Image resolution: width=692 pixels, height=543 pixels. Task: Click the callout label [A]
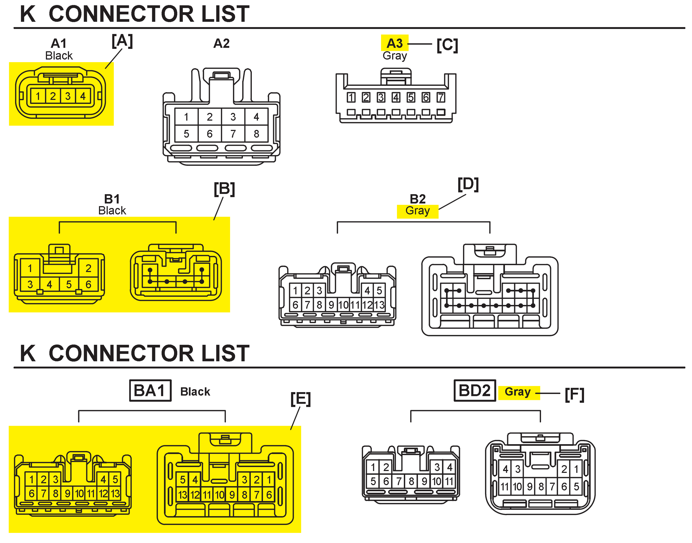122,41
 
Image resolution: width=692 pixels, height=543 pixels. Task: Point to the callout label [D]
468,184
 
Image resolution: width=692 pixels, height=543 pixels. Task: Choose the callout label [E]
301,399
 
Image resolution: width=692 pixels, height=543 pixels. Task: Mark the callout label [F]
575,395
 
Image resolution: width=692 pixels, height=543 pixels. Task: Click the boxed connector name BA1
150,391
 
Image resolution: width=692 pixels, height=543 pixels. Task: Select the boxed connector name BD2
474,391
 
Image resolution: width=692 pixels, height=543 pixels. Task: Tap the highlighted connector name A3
394,43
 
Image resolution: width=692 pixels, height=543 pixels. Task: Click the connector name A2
221,43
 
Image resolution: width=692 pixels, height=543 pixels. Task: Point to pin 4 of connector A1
83,96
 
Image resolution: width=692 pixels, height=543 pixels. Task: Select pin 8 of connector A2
256,134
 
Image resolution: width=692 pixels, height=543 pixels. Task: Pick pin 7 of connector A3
441,97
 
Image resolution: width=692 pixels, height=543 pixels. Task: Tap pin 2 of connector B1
88,268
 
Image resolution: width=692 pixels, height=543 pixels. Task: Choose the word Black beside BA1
195,392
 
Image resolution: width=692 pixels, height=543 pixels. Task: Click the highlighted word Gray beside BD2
518,392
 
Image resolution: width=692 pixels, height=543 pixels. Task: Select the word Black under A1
59,56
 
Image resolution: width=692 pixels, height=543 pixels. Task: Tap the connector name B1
112,199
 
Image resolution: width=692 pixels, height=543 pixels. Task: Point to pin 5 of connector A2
186,134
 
